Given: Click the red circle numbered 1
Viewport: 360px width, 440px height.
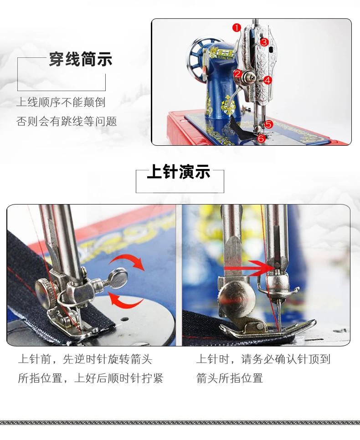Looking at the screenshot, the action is pos(237,28).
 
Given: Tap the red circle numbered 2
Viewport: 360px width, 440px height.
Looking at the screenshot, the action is pos(237,74).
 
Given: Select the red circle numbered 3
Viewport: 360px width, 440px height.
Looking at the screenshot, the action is pos(264,42).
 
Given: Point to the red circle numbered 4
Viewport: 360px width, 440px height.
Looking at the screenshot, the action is pos(267,81).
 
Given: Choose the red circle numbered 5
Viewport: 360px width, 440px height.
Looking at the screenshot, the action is pos(269,124).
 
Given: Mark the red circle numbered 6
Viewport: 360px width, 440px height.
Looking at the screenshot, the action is pos(261,138).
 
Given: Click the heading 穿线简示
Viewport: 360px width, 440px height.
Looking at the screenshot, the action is pos(81,59).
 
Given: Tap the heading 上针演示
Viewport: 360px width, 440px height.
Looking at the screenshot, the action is pos(179,172).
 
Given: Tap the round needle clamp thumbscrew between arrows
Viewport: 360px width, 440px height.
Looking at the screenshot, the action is pos(118,278).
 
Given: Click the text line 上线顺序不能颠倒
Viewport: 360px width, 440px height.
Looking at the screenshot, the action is pos(61,102).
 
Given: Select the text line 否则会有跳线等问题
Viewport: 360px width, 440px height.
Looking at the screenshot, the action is pos(67,122).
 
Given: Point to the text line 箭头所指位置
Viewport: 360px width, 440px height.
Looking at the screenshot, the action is pos(230,378).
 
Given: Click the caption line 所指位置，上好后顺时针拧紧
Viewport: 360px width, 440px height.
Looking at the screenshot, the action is pos(90,378).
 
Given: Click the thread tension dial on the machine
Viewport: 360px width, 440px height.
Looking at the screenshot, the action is pos(248,77).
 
